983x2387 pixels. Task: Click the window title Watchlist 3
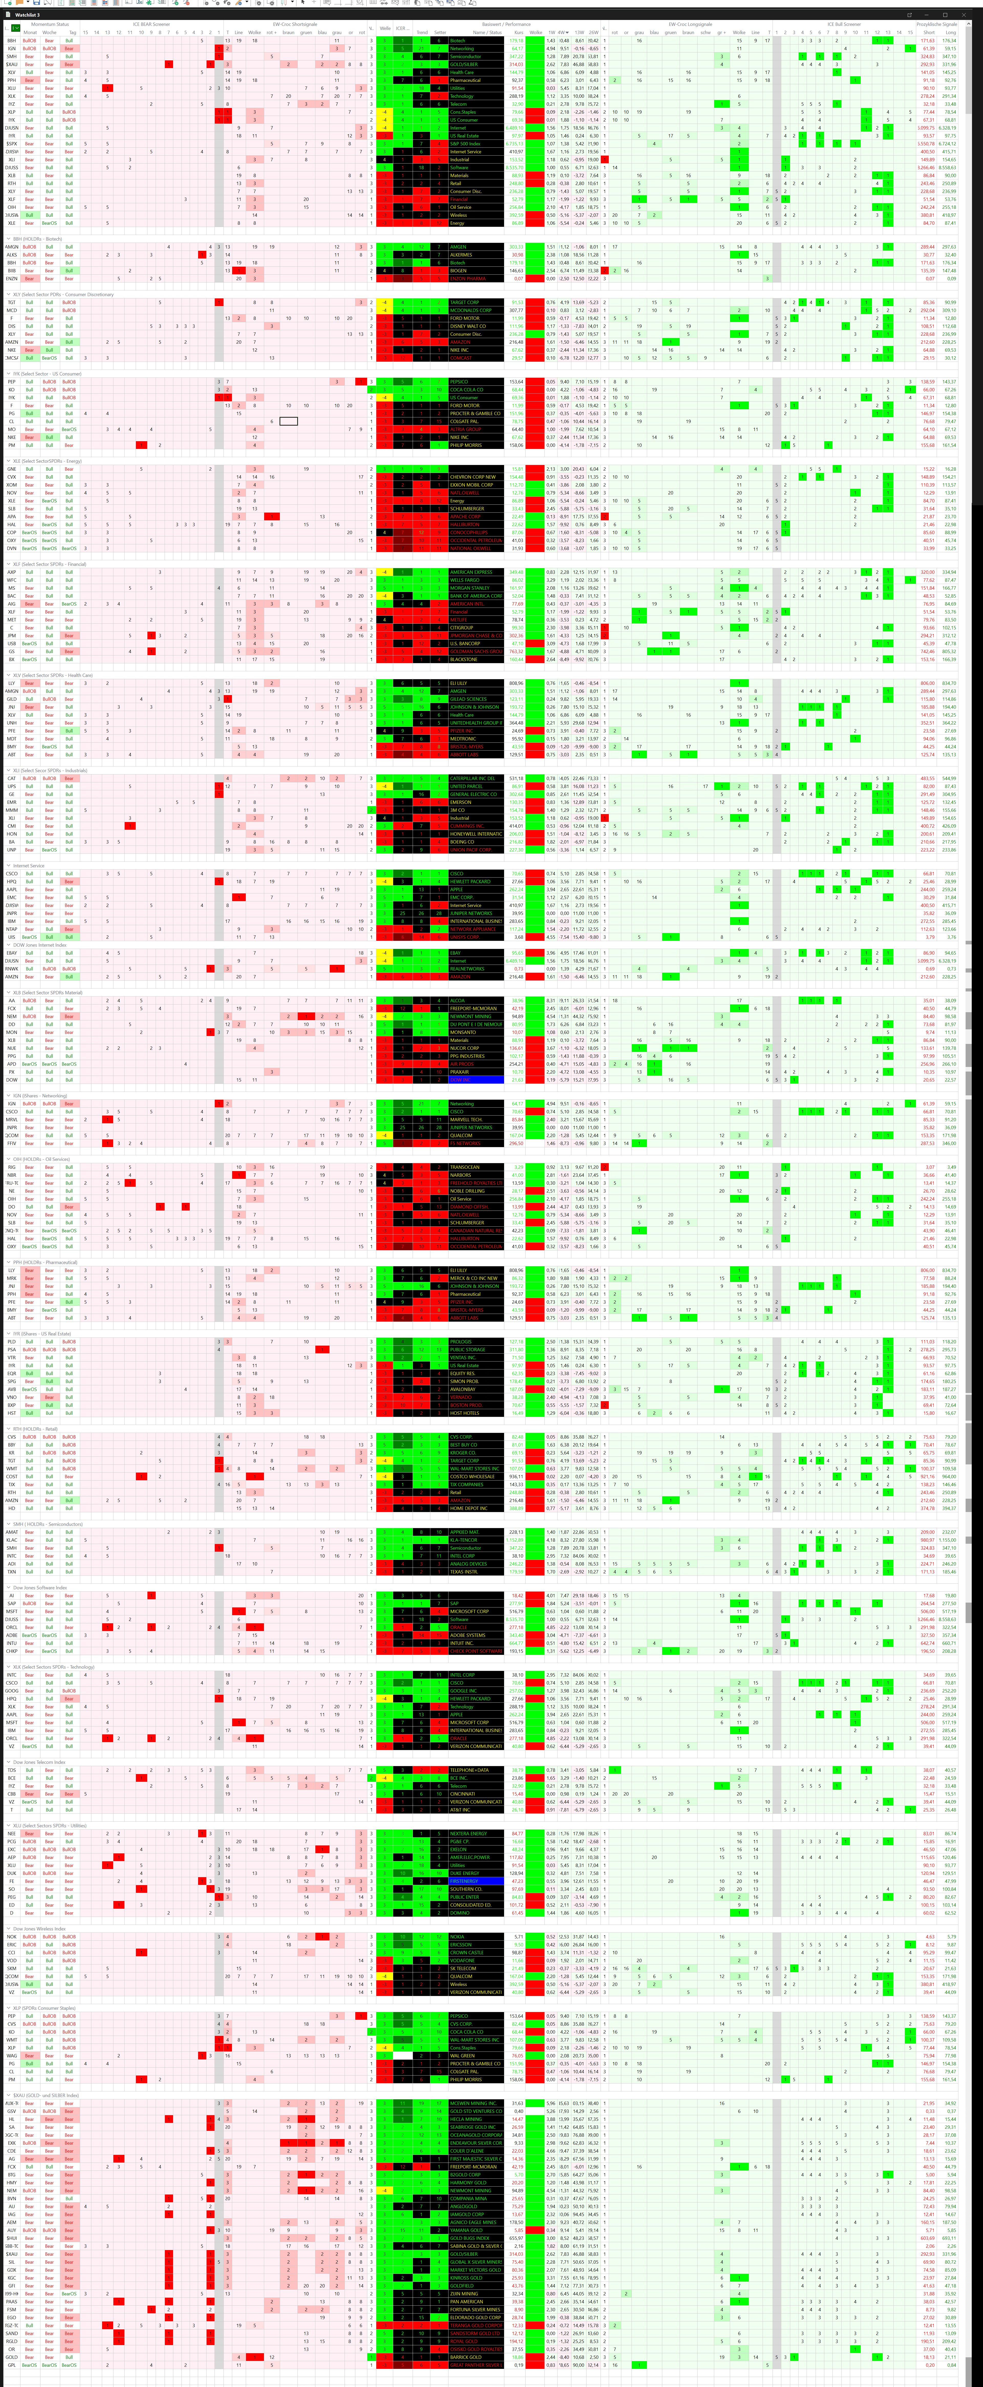tap(28, 15)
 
